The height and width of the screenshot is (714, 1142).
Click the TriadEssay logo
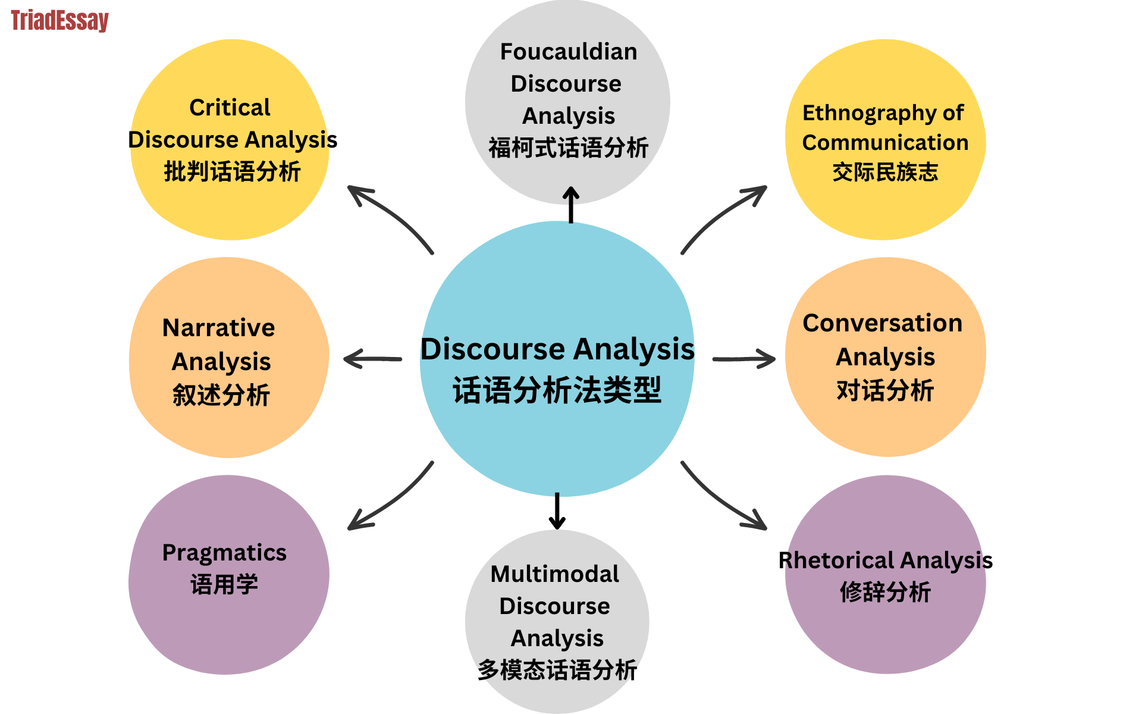tap(59, 21)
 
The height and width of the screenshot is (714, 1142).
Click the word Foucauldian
tap(568, 52)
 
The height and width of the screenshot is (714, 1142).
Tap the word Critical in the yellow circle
tap(230, 108)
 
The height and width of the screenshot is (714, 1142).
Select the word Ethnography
tap(863, 113)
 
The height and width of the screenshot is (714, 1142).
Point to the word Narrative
tap(218, 328)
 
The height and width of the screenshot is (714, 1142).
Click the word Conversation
tap(882, 323)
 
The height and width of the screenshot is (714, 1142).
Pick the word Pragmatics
tap(224, 553)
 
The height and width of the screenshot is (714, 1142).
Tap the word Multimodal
tap(554, 574)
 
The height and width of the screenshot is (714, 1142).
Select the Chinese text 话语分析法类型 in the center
tap(557, 391)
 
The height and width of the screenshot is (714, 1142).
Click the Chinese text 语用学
tap(224, 585)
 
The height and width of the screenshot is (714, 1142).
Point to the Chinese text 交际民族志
tap(885, 173)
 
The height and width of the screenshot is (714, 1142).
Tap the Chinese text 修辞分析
tap(885, 593)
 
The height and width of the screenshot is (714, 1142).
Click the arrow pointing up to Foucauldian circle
tap(571, 205)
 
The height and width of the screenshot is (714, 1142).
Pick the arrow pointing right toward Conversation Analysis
tap(743, 359)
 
